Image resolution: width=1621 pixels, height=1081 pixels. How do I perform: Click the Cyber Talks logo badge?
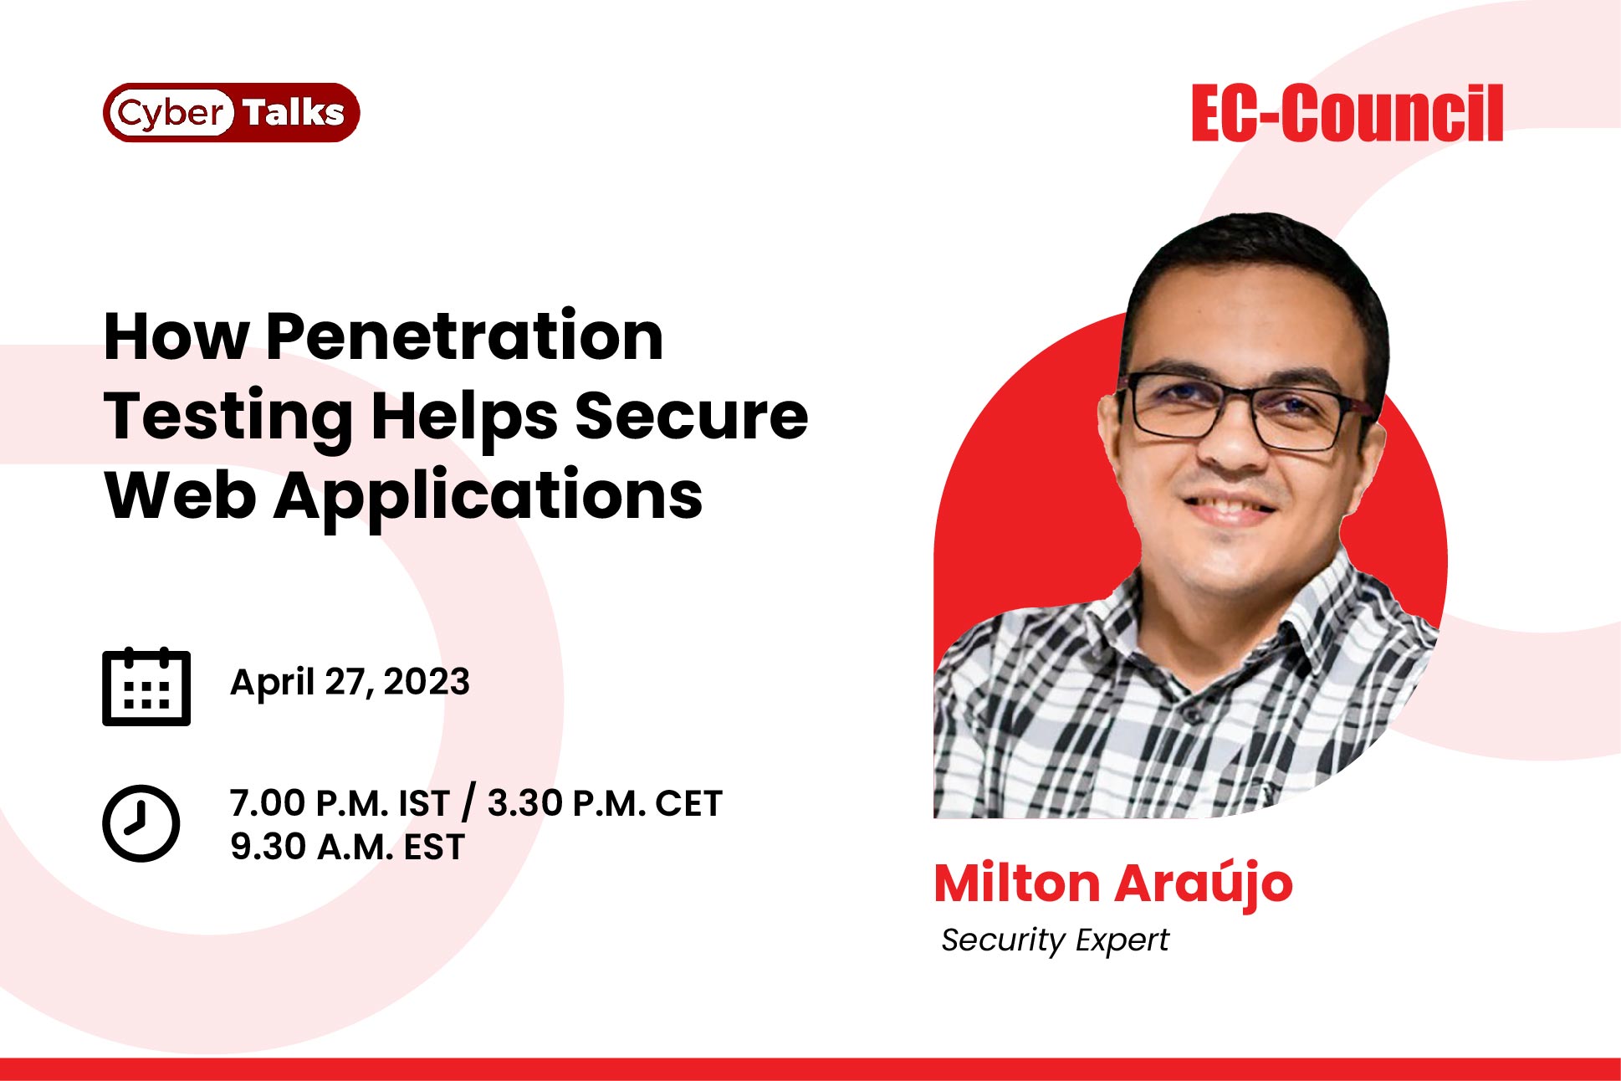(x=231, y=112)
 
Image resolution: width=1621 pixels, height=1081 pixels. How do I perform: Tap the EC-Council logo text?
(x=1347, y=113)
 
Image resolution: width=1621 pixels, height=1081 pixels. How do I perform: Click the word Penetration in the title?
(x=465, y=336)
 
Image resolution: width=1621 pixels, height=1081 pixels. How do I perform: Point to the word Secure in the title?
(x=692, y=416)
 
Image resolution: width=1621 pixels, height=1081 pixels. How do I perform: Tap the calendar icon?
(x=146, y=686)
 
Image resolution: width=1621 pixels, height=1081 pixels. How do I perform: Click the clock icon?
(x=141, y=823)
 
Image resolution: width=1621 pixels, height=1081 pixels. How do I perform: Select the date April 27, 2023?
(x=350, y=682)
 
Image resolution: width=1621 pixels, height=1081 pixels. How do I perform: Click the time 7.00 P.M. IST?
(x=340, y=803)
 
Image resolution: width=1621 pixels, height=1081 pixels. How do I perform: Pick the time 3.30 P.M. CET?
(x=605, y=803)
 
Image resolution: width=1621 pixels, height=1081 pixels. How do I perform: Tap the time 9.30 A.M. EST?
(x=347, y=847)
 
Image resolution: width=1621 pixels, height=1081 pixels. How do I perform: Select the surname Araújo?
(x=1204, y=885)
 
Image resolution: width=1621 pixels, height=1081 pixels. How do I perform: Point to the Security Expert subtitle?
(x=1055, y=940)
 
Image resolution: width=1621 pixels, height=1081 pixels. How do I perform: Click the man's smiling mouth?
(x=1228, y=508)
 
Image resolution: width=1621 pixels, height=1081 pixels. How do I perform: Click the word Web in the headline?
(x=180, y=496)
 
